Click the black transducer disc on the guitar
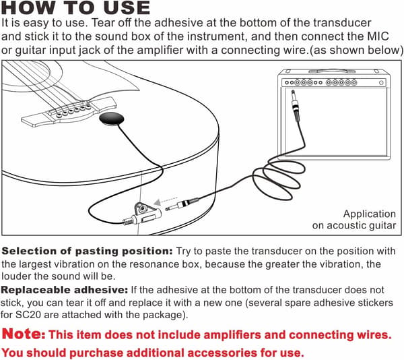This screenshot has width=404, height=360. [112, 119]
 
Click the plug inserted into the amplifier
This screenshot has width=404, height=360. [296, 106]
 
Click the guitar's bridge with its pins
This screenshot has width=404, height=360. [69, 112]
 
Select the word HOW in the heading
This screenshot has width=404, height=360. [28, 7]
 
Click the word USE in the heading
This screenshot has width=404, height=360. [127, 7]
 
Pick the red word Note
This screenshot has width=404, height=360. [24, 334]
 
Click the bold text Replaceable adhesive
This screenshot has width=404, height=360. [65, 290]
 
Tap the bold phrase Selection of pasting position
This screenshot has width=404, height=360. [87, 251]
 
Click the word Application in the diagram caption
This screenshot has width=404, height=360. [370, 214]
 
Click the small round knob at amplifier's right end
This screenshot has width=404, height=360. [381, 83]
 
